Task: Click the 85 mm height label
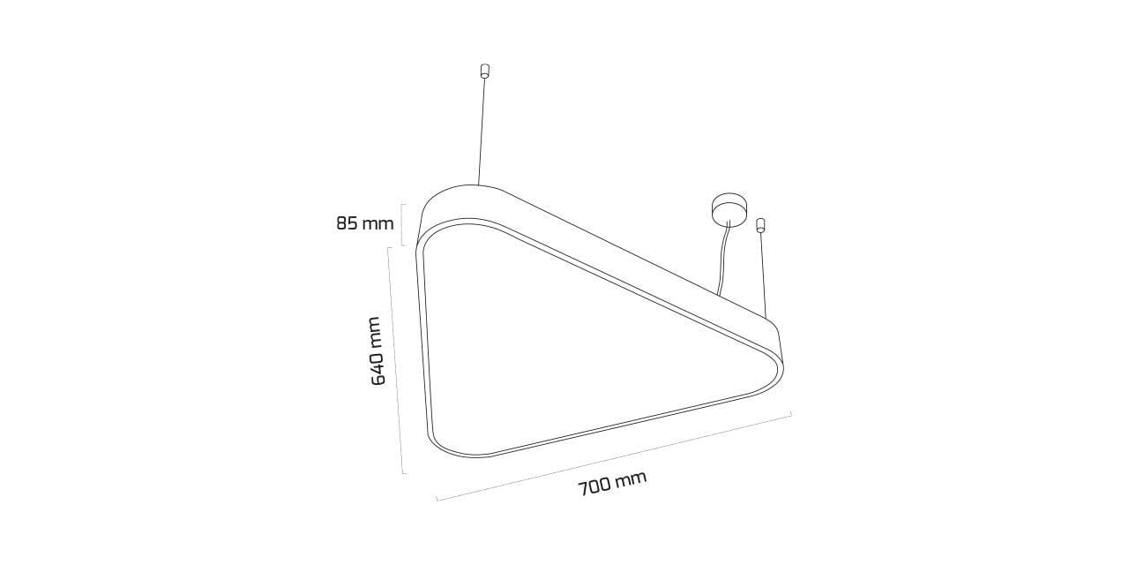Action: point(365,223)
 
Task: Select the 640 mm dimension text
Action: point(378,351)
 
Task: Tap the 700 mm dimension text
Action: point(612,484)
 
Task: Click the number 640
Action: point(378,367)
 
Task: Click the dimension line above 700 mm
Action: point(614,456)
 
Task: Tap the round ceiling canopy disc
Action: point(729,207)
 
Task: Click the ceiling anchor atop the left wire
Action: point(485,71)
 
